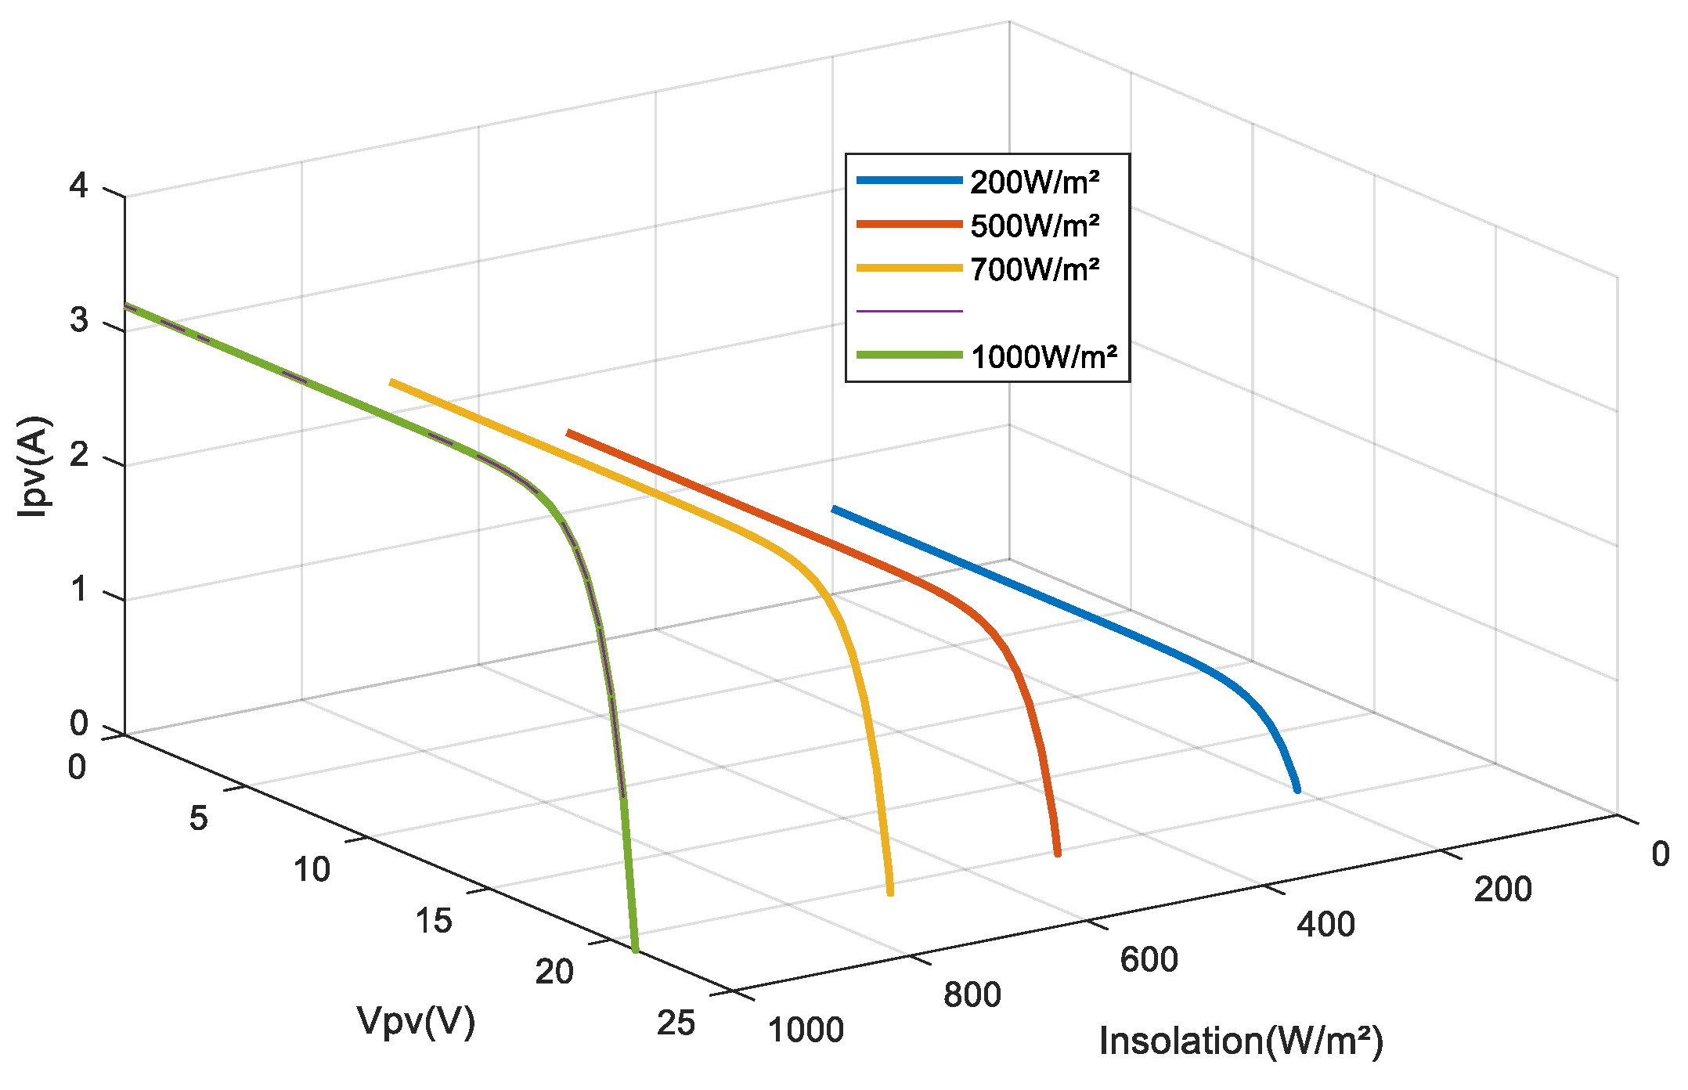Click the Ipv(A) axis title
pos(34,467)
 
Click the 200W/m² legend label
pos(1034,182)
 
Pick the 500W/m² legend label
pos(1034,226)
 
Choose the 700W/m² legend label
pos(1034,270)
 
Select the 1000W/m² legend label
pos(1044,358)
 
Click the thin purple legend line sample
pos(909,312)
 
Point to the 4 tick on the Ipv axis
pos(78,186)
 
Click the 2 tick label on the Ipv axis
pos(78,455)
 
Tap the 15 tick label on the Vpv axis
pos(434,922)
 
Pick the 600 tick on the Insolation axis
pos(1149,960)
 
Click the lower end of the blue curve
pos(1297,790)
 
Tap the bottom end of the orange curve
pos(1057,853)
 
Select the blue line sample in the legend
pos(909,181)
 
